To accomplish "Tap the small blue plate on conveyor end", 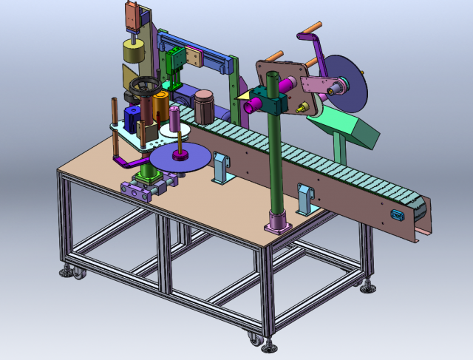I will coord(396,214).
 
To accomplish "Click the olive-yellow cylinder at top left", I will coord(134,52).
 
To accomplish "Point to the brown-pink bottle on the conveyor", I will coord(204,105).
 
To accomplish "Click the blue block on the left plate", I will coord(132,118).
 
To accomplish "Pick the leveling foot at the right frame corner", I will coord(367,285).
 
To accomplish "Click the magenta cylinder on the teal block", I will coord(252,104).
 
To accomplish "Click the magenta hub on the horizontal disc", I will coord(180,155).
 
